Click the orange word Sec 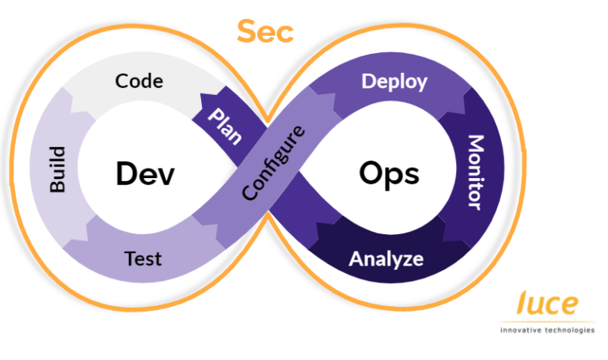[264, 32]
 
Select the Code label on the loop [139, 81]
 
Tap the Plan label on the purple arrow [224, 126]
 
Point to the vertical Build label [58, 169]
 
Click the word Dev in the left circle [144, 173]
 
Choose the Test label [143, 259]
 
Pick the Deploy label [394, 81]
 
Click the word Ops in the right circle [389, 173]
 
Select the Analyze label [386, 259]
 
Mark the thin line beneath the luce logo [547, 321]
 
